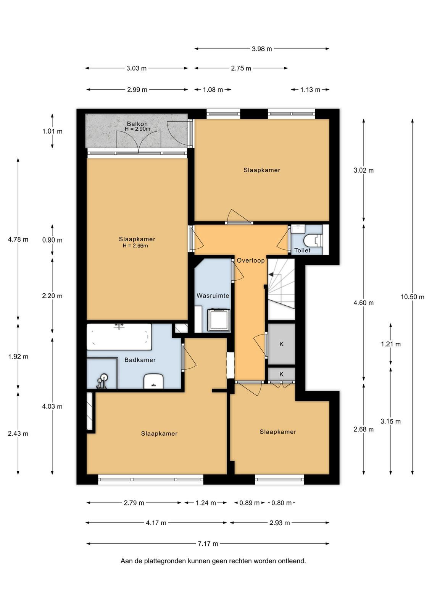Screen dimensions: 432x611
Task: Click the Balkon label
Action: click(137, 124)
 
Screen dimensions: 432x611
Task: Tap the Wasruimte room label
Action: click(213, 296)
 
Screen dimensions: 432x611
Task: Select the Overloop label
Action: click(251, 260)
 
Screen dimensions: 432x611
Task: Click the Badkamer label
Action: click(140, 360)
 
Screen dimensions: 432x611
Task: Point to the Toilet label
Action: click(302, 250)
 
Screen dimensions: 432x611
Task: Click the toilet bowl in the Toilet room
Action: click(313, 240)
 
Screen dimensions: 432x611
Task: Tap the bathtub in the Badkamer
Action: click(119, 336)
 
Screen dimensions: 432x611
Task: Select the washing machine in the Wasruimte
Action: click(219, 320)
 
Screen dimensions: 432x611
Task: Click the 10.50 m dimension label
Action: click(413, 297)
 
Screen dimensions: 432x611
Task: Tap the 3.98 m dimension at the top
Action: click(262, 49)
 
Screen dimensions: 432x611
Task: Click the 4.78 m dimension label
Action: click(18, 239)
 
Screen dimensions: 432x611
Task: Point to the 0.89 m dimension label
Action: click(249, 503)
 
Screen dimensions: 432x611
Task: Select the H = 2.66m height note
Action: click(135, 246)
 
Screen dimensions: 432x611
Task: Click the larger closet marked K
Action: click(282, 344)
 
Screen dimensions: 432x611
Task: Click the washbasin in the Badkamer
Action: click(153, 381)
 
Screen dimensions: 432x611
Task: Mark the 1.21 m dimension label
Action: click(390, 344)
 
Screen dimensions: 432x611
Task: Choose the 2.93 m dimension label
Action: click(280, 523)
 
